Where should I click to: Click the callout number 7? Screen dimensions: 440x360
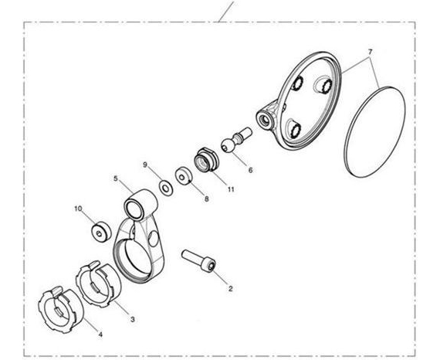click(x=370, y=52)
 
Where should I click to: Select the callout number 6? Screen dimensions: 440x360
click(x=250, y=170)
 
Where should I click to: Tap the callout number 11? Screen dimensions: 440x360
click(x=231, y=189)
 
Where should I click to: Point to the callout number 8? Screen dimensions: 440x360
click(x=207, y=199)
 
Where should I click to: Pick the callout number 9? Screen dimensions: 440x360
click(x=145, y=165)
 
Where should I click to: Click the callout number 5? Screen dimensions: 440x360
click(x=116, y=178)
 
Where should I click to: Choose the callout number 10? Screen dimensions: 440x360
click(x=78, y=209)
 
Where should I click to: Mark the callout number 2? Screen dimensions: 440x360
click(x=230, y=289)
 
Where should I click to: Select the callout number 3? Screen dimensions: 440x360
click(x=133, y=319)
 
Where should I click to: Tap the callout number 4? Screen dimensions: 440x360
click(x=100, y=335)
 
